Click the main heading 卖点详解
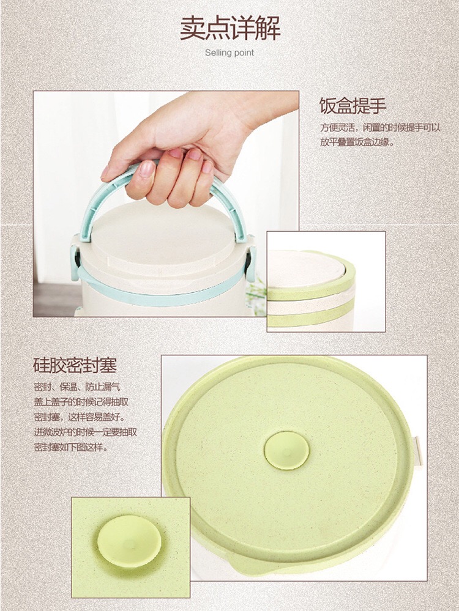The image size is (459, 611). [x=229, y=29]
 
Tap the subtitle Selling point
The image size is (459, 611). [x=229, y=53]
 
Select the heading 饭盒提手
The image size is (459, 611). [x=353, y=105]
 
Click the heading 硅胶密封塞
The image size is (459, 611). [x=75, y=366]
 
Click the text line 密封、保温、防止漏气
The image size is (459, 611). [x=77, y=387]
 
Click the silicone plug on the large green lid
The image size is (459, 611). [x=286, y=450]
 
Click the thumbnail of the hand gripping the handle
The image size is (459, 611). [x=166, y=204]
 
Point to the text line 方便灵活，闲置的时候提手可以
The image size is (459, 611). [x=380, y=128]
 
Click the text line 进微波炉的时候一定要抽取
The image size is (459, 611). [x=85, y=432]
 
